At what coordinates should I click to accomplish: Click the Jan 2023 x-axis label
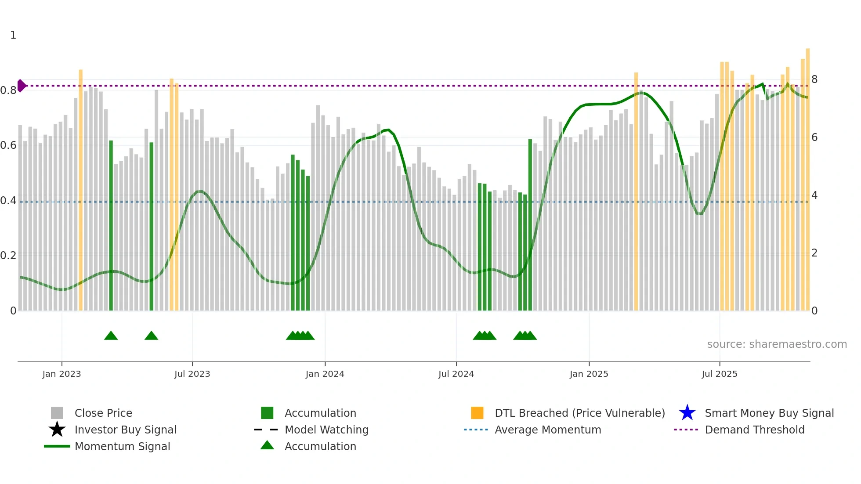61,374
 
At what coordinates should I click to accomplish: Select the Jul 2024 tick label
456,374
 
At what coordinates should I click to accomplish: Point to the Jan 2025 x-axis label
589,374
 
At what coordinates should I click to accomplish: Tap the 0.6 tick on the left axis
8,145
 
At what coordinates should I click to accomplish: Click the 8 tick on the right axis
814,79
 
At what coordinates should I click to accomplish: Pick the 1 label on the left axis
13,35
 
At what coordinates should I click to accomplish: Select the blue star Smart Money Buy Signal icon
687,413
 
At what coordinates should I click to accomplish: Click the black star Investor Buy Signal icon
57,430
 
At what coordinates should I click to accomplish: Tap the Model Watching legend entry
326,430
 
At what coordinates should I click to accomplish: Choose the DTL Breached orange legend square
477,413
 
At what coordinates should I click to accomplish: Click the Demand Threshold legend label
754,430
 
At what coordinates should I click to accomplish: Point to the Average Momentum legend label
547,430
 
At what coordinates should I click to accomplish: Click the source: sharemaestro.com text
777,344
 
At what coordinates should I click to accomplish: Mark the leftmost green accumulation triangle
111,336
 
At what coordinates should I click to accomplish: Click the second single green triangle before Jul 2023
151,336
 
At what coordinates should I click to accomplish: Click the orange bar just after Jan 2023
80,189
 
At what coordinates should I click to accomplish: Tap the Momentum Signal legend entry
122,446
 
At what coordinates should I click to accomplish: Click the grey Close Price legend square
57,413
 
